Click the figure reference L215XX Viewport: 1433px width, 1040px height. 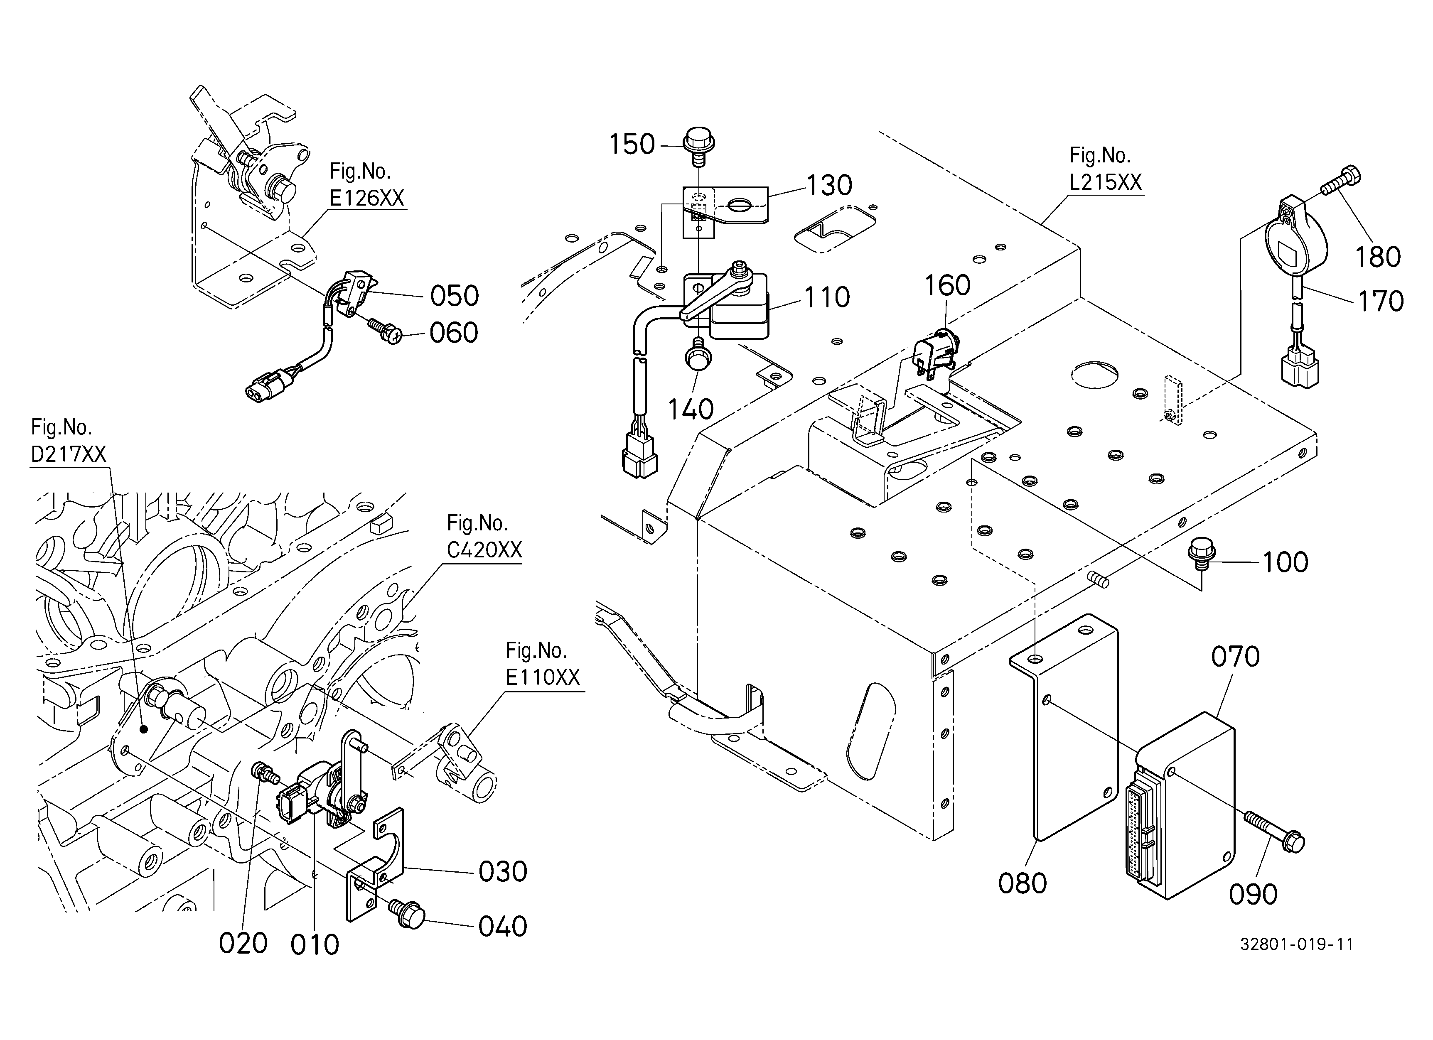click(x=1106, y=182)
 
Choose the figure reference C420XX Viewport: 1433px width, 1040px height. click(x=484, y=550)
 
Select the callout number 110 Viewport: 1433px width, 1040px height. click(x=827, y=297)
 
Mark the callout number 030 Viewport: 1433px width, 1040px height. click(x=503, y=872)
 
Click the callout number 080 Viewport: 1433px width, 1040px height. click(x=1023, y=883)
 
